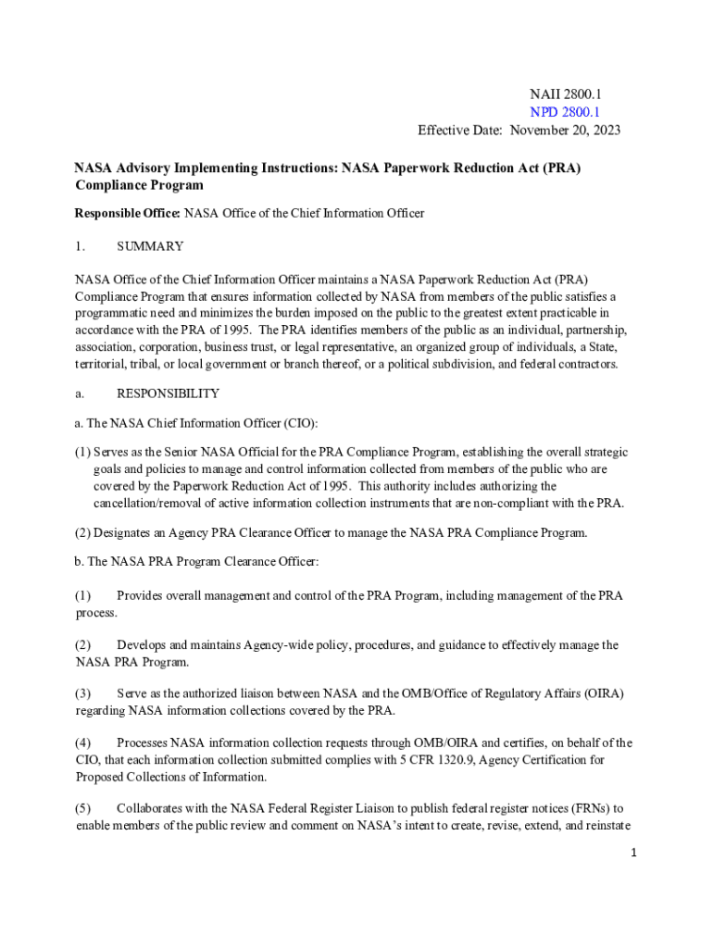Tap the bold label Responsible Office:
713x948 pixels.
coord(127,213)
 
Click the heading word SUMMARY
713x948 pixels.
coord(150,246)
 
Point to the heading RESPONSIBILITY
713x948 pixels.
coord(168,393)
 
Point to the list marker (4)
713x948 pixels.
coord(83,742)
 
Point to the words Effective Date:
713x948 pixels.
coord(459,130)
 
